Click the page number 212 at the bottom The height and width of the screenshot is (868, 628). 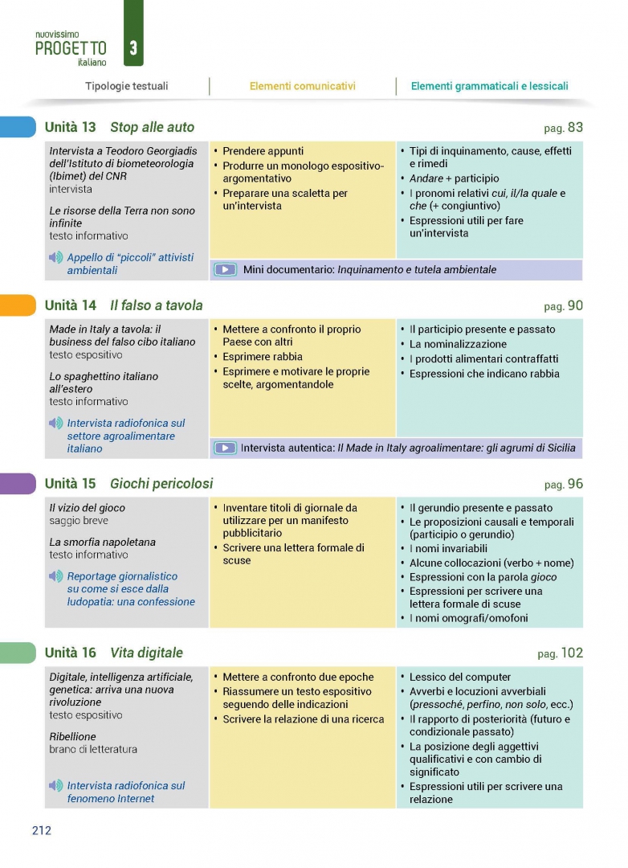pos(42,830)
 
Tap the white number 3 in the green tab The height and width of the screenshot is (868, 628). pos(133,48)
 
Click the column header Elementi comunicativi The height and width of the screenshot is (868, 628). pos(302,86)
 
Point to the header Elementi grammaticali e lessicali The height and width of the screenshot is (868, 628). pos(489,86)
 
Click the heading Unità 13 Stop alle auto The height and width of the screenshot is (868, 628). pos(120,127)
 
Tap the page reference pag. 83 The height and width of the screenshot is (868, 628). pos(563,127)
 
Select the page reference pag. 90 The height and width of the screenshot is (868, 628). pos(563,305)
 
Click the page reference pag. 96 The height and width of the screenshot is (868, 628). pos(563,484)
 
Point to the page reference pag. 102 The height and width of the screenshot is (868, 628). pos(560,653)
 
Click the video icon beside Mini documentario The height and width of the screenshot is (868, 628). pos(226,270)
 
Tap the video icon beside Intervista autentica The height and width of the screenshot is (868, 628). pos(226,448)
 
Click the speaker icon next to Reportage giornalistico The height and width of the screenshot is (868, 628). pos(55,576)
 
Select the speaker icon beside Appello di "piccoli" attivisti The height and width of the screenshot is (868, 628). pos(55,257)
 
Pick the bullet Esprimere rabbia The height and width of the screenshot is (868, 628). pos(263,357)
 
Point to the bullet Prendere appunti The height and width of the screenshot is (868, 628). pos(263,151)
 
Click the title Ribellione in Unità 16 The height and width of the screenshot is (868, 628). pos(72,736)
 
